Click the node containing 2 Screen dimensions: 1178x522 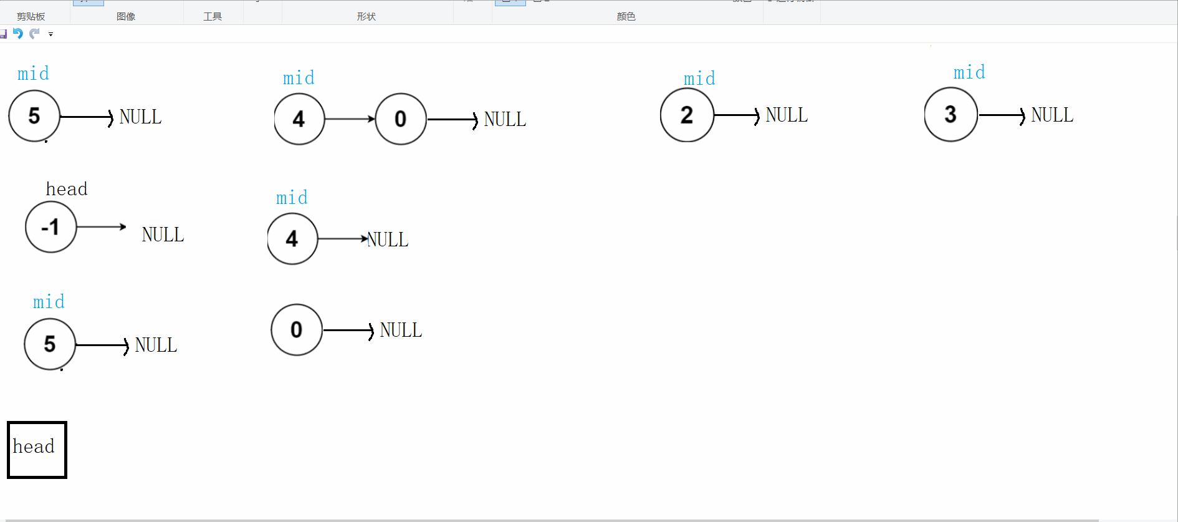687,115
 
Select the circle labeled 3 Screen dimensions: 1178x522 951,115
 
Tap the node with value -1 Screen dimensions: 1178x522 50,227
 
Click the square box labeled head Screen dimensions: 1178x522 37,450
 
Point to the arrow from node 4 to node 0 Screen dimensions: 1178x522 350,119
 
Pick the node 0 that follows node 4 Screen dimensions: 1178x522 401,119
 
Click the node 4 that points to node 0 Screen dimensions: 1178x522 299,119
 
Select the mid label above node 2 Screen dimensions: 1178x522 699,79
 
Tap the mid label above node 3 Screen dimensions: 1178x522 969,72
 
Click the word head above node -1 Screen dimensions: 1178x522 67,189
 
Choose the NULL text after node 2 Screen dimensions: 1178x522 787,115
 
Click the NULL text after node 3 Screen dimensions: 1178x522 1052,115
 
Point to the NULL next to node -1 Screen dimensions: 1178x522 163,235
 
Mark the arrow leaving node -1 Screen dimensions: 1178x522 101,227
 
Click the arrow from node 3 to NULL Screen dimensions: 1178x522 1002,115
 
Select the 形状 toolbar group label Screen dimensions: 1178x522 366,17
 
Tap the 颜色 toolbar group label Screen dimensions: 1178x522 626,17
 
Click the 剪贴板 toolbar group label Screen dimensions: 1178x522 31,17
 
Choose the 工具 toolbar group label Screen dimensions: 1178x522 213,17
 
